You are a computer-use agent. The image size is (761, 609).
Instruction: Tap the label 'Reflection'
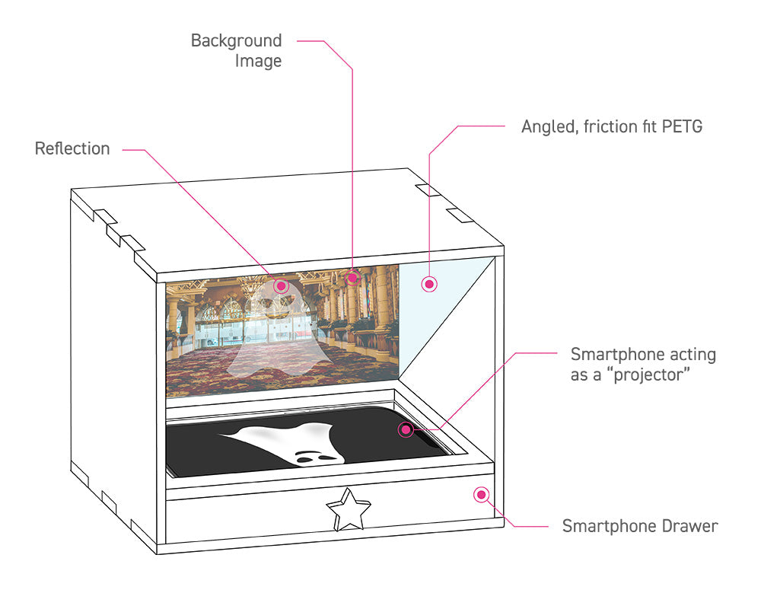(72, 148)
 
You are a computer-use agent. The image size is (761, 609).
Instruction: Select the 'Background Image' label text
(237, 50)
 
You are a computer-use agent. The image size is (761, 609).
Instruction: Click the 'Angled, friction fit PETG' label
(612, 126)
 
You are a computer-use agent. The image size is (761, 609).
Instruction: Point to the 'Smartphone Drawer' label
(639, 526)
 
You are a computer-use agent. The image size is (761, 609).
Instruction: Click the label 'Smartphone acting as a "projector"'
(643, 365)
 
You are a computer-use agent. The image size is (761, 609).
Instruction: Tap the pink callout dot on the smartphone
(406, 430)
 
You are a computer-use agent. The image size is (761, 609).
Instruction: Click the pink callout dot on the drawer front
(480, 495)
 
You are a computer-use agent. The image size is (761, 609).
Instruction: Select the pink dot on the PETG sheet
(429, 284)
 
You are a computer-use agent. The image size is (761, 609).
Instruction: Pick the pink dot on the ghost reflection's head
(281, 285)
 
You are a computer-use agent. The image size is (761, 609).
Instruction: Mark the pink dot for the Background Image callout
(352, 277)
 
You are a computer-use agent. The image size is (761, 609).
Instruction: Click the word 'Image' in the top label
(258, 61)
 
